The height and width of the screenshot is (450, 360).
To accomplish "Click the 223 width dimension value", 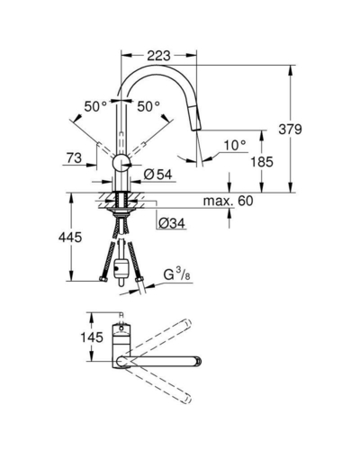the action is click(x=158, y=56).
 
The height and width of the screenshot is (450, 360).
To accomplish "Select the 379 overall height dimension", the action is click(x=290, y=130).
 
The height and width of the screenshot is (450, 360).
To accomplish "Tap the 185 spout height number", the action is click(x=262, y=162).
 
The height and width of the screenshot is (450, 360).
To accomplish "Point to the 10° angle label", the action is click(x=235, y=146).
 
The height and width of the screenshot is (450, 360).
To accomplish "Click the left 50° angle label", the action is click(x=95, y=106).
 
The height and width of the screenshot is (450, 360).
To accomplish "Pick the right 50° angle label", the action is click(x=148, y=106).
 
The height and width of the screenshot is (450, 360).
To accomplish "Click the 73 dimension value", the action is click(x=74, y=158).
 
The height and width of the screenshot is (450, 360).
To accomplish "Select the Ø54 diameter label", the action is click(x=157, y=175).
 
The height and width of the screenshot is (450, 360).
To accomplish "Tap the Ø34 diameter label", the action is click(x=172, y=223).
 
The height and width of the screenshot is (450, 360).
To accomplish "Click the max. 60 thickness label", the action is click(x=228, y=201).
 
